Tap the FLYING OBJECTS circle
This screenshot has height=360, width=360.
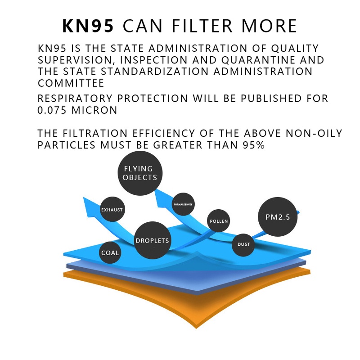point(140,173)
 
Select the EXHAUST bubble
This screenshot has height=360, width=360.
point(112,210)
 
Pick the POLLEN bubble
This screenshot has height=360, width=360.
point(219,221)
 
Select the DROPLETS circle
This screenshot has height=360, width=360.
point(152,240)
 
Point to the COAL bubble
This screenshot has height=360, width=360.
point(110,252)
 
